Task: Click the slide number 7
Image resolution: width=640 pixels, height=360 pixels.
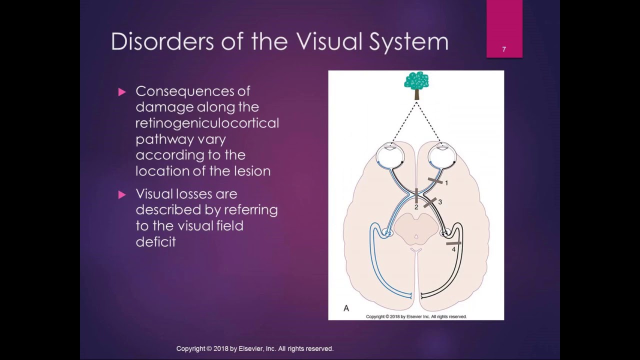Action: [x=504, y=49]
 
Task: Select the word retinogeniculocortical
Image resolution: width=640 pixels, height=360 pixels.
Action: [x=207, y=123]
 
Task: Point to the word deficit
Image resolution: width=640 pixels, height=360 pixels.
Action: [x=155, y=242]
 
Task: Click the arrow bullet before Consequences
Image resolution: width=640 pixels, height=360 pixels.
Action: [x=122, y=91]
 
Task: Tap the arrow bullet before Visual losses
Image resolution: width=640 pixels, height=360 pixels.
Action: [x=122, y=194]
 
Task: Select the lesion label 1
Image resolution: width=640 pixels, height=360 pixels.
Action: [x=446, y=183]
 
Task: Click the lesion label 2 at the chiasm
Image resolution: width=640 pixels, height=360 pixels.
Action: [x=416, y=207]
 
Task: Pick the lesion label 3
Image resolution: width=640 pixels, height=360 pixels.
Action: [x=440, y=202]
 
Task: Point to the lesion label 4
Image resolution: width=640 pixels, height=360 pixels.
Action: [x=453, y=249]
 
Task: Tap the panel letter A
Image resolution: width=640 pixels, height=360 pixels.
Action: [x=346, y=308]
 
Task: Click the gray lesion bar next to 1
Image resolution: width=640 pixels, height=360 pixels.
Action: [x=435, y=180]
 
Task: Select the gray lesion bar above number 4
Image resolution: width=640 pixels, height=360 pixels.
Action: [x=453, y=243]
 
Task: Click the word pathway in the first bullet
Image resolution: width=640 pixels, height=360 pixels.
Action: [x=160, y=139]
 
